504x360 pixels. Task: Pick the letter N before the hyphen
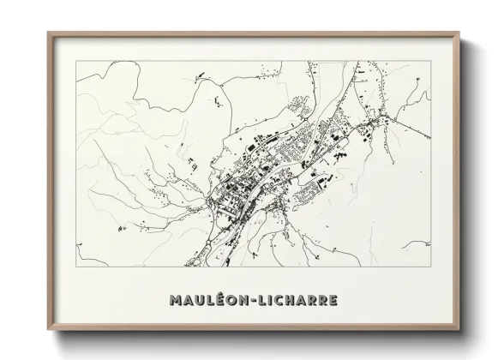[x=249, y=301]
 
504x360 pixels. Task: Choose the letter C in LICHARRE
[x=289, y=301]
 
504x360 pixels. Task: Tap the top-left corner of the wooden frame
[x=47, y=32]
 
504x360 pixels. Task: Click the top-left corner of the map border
[x=76, y=61]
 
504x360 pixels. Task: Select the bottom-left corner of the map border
[x=76, y=267]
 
